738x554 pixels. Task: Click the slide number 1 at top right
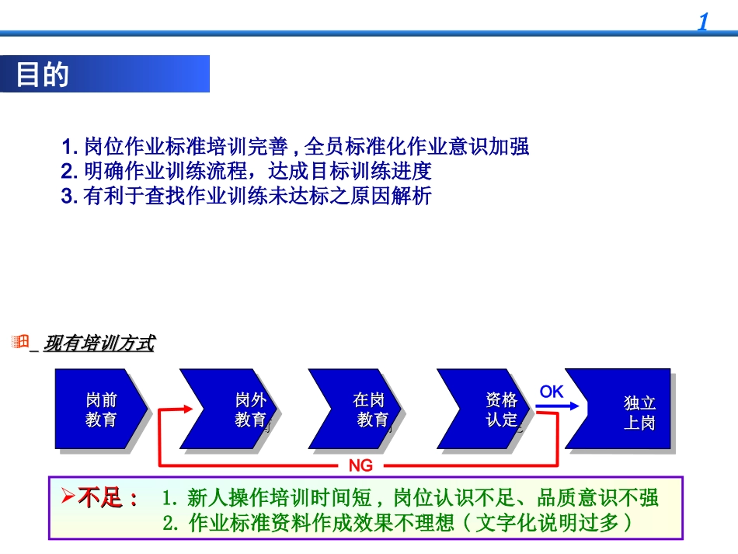click(x=703, y=22)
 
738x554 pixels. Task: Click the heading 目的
click(x=43, y=75)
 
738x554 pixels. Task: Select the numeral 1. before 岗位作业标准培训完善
click(x=71, y=146)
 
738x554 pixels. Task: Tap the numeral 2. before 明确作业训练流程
click(x=71, y=171)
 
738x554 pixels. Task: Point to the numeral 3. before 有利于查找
click(x=71, y=196)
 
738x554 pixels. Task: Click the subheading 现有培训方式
click(x=99, y=343)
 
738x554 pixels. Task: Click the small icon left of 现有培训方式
click(x=21, y=342)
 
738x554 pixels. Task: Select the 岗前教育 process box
click(x=100, y=409)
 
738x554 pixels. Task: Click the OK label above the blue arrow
click(x=552, y=392)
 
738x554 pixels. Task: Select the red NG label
click(x=360, y=465)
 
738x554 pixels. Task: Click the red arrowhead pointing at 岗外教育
click(x=186, y=408)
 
